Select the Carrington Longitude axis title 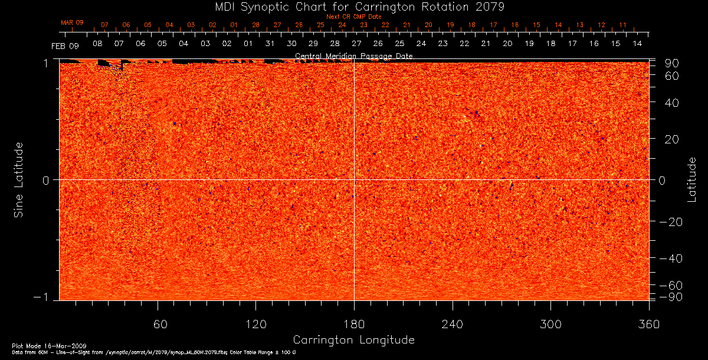click(x=353, y=340)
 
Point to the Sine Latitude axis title click(x=19, y=179)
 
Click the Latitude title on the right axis click(x=691, y=179)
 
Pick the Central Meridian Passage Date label click(x=353, y=56)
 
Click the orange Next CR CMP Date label click(x=353, y=17)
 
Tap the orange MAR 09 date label click(x=72, y=22)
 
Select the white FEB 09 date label click(x=64, y=45)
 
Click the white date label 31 click(x=270, y=44)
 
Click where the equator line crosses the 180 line click(x=354, y=179)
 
